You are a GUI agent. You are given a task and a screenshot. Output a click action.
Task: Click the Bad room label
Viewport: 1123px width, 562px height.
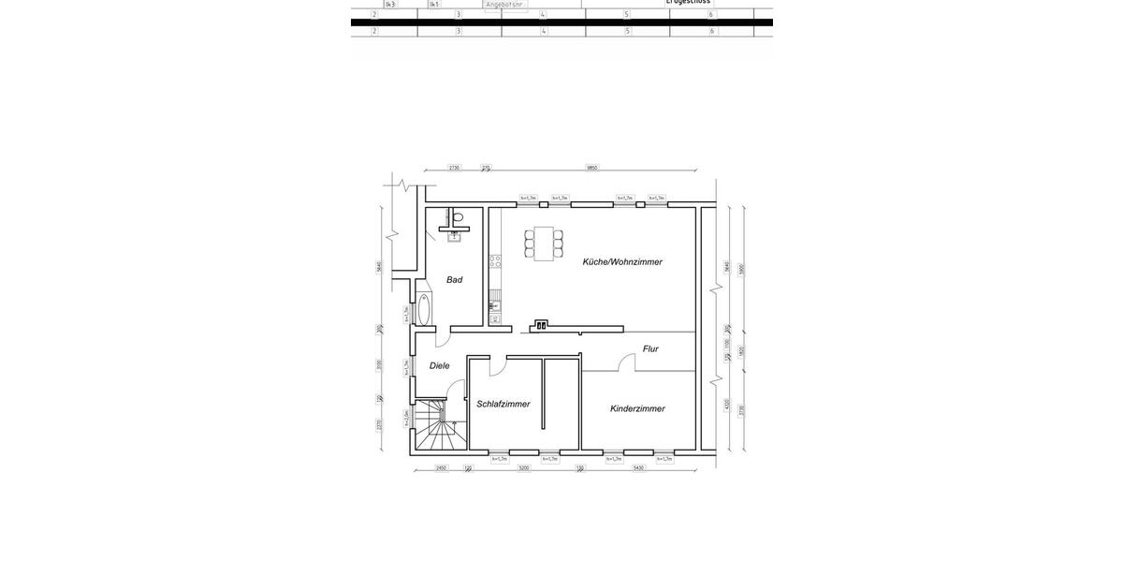(x=454, y=279)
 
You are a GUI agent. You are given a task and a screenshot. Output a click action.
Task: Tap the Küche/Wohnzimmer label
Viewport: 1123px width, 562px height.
(x=622, y=262)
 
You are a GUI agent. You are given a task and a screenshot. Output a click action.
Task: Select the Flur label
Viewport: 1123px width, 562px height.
(x=650, y=348)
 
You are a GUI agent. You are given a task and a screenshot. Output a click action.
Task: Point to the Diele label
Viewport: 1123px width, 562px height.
(x=440, y=365)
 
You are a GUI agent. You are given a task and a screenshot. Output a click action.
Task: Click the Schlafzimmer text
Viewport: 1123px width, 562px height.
(x=503, y=404)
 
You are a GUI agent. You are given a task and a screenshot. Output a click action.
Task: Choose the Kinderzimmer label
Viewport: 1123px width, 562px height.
(x=637, y=408)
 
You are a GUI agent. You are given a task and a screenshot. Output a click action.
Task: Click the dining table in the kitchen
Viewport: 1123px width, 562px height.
(x=544, y=244)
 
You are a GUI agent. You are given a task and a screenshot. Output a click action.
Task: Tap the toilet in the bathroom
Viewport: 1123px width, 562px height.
(x=457, y=218)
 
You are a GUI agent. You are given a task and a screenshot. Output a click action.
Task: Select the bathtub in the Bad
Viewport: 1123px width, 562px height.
(x=424, y=308)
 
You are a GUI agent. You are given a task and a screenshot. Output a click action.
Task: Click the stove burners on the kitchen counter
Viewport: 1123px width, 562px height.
(x=495, y=260)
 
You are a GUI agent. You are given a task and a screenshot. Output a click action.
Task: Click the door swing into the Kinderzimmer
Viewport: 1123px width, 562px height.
(x=627, y=363)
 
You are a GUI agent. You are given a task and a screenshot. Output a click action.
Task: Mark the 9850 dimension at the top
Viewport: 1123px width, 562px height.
(x=591, y=169)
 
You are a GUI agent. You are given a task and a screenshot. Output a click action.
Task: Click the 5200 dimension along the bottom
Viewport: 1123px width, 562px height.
(x=524, y=467)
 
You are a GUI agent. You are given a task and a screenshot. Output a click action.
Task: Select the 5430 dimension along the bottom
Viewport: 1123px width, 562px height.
(x=638, y=467)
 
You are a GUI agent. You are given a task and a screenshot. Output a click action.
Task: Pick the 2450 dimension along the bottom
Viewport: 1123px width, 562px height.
(x=441, y=467)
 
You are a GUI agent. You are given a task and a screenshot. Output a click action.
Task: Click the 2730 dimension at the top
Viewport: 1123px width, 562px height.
(x=454, y=169)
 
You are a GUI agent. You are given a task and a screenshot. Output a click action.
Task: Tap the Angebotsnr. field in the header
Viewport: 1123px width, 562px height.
(x=505, y=4)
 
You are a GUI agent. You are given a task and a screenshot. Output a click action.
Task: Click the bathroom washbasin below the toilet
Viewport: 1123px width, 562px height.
(x=455, y=237)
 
